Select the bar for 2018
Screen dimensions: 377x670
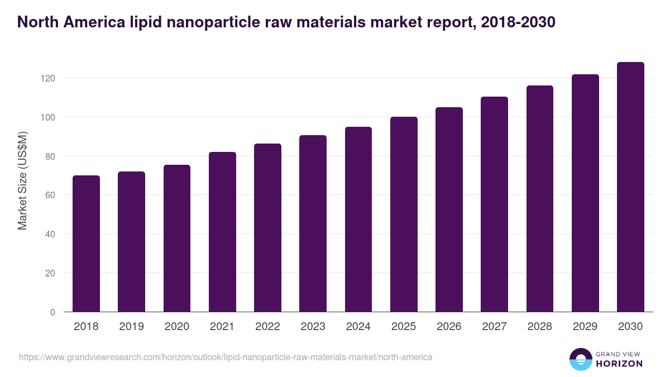[x=86, y=244]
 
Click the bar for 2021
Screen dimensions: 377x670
[x=222, y=232]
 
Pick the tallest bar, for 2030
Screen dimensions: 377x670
[x=630, y=187]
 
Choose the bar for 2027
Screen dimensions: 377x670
[x=495, y=204]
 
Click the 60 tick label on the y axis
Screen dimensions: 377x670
[x=50, y=195]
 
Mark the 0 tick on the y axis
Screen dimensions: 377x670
[x=52, y=312]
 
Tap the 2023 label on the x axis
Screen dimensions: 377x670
[x=313, y=327]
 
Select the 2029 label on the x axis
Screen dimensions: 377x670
[x=585, y=327]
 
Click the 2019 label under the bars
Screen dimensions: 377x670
[x=131, y=327]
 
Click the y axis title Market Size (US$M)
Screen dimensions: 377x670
[x=22, y=180]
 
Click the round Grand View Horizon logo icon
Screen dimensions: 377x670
[x=580, y=359]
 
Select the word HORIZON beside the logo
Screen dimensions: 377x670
[x=620, y=364]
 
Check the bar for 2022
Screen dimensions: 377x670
[x=267, y=228]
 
